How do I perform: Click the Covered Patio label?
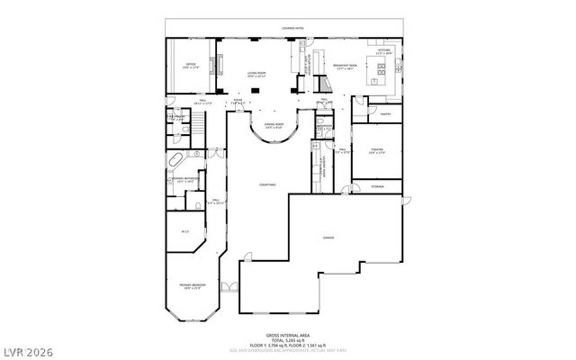(292, 30)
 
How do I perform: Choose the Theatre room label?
(376, 151)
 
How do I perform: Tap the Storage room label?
(376, 186)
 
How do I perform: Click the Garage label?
(328, 238)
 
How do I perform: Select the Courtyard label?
(268, 184)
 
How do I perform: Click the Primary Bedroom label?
(192, 286)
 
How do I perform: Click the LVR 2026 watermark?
(31, 347)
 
